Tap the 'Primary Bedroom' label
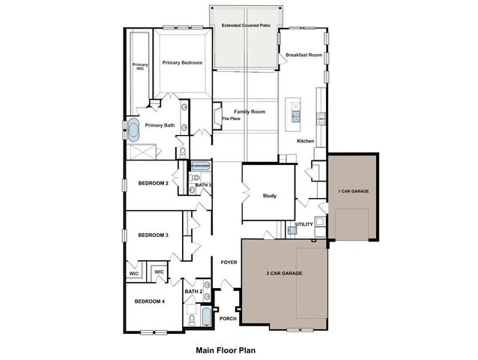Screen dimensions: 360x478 182,63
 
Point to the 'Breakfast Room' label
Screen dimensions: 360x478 303,55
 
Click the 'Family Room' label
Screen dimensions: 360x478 249,111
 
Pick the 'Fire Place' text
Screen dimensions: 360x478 230,118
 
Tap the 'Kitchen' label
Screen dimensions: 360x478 305,141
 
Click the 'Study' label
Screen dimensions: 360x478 270,196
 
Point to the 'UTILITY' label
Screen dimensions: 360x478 304,224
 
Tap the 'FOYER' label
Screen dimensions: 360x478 229,262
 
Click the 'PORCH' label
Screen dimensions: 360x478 228,319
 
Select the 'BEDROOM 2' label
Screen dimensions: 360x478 153,183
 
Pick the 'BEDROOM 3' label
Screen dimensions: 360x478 153,235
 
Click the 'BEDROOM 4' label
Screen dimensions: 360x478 150,301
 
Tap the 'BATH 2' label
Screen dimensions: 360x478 194,291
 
